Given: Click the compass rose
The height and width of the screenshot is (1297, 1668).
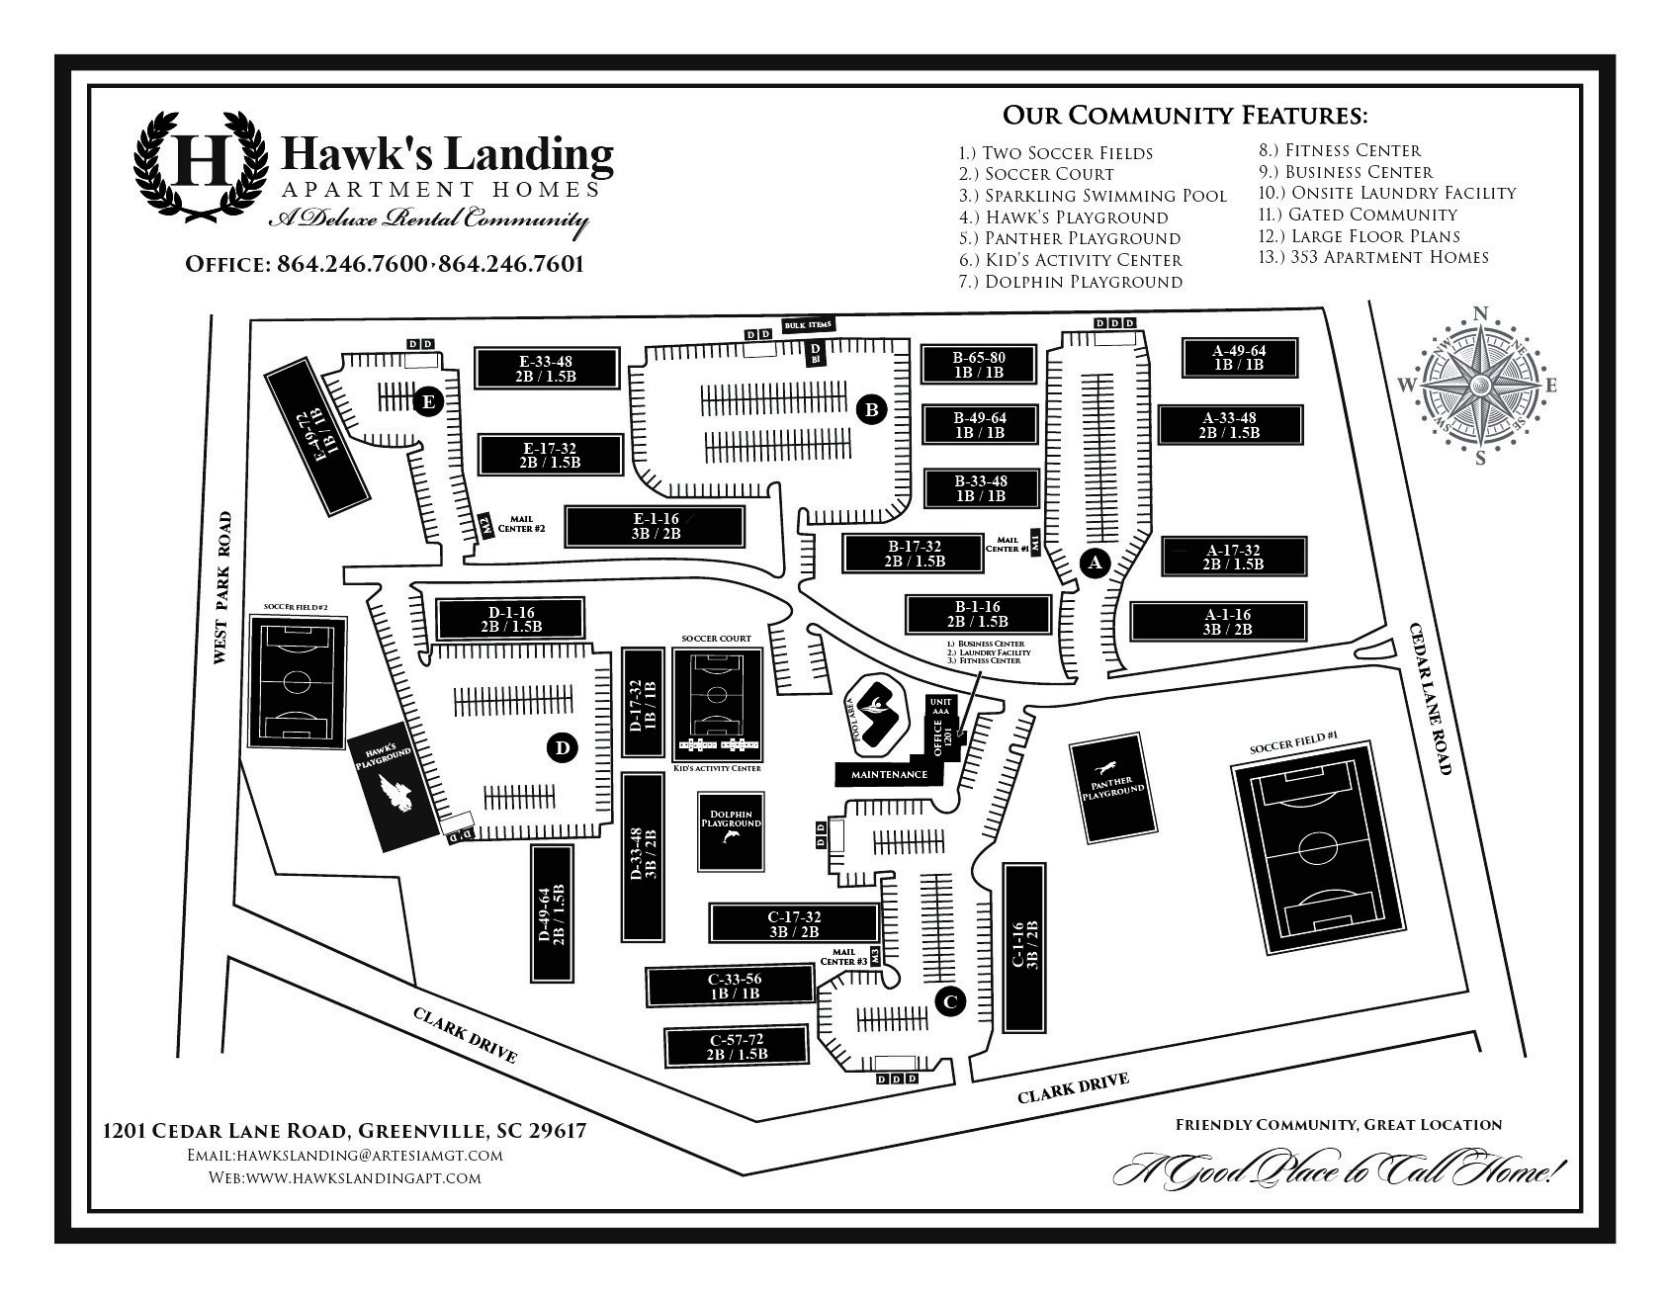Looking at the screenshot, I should pos(1480,386).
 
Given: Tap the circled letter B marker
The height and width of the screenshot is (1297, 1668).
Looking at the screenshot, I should pos(871,408).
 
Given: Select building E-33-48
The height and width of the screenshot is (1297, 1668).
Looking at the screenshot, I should pos(548,369).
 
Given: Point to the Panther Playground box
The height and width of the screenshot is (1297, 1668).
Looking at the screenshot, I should pos(1113,788).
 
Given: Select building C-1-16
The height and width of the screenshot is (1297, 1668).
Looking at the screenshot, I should pos(1024,946).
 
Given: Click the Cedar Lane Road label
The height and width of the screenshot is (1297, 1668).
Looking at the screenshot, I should pos(1430,698).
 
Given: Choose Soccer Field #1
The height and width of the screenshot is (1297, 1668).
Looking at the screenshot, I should pos(1316,848).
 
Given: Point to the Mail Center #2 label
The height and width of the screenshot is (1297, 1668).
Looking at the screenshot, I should pos(527,523).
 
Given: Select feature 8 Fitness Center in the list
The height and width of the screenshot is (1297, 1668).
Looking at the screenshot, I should pos(1339,150).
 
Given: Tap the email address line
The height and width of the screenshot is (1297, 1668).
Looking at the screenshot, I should pos(345,1155).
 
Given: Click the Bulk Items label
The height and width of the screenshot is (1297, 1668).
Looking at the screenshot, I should pos(808,324).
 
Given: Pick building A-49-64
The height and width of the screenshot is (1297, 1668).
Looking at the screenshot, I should pos(1239,358).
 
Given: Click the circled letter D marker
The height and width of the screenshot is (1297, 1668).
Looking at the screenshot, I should pos(562,748).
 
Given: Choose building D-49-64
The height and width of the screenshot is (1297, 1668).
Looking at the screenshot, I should pos(552,913).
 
